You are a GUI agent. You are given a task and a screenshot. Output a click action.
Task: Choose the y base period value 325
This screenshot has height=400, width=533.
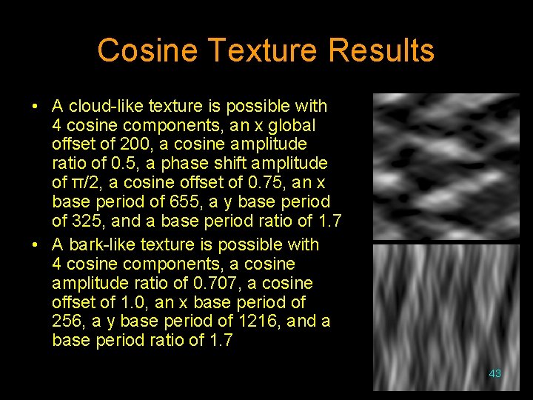[81, 221]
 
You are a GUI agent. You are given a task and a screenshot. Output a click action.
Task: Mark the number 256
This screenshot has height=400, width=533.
[67, 321]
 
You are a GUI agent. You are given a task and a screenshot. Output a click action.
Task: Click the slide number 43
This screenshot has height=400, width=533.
[495, 373]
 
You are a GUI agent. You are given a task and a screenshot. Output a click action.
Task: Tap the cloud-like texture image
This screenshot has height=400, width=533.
[446, 166]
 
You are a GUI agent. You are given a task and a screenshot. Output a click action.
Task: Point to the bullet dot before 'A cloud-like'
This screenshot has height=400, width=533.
[36, 106]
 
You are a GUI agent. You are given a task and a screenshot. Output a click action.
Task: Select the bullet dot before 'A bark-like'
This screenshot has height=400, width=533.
[36, 244]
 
